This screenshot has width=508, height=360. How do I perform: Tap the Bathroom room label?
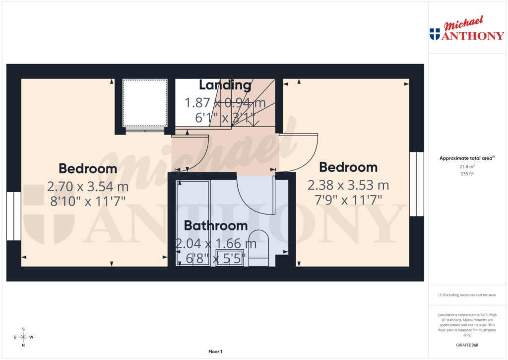pos(216,226)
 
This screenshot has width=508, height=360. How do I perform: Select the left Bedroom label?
pos(88,168)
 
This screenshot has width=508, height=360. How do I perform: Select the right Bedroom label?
pos(348,167)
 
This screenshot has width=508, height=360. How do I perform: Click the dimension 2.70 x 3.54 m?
pos(88,187)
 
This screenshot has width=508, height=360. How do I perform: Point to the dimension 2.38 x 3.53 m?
pos(348,186)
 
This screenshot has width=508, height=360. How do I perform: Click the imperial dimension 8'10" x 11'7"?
pos(88,201)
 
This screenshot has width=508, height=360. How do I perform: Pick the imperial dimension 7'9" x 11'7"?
pos(348,200)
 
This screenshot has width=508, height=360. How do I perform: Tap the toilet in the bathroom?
pos(257,247)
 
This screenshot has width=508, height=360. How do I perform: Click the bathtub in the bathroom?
pos(193,223)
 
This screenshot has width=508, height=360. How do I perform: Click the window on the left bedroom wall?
pos(14,216)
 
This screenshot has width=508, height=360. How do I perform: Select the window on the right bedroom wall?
pos(417,184)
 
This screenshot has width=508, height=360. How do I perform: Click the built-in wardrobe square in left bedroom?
pos(144,103)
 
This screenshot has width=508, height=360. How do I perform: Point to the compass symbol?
pos(23,337)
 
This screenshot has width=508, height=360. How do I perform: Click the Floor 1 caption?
pos(215,352)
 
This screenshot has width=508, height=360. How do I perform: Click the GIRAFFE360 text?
pos(466,345)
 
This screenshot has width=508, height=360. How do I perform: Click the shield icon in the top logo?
pos(435,34)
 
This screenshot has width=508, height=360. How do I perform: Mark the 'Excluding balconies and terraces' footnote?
pos(466,295)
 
